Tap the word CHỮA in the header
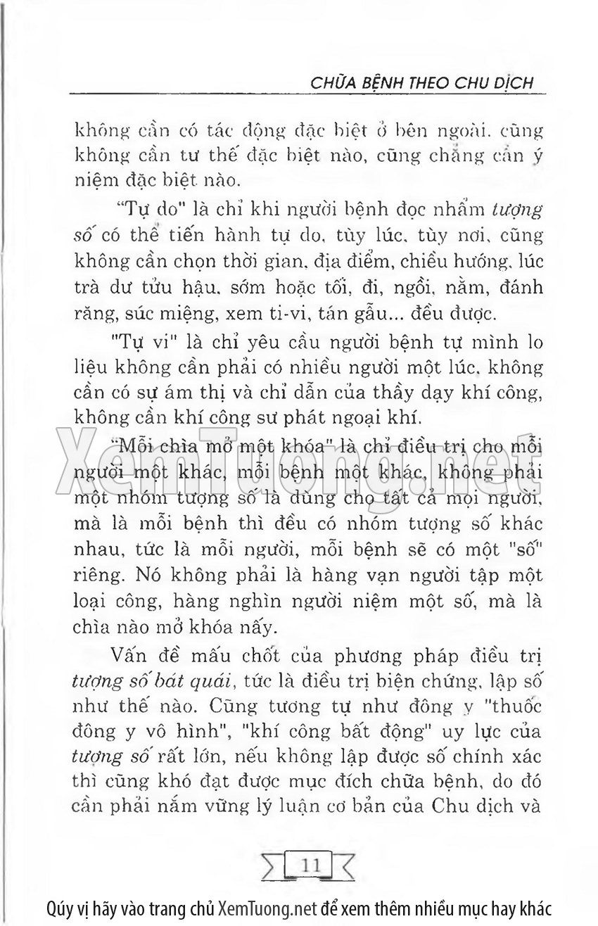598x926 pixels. click(332, 82)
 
